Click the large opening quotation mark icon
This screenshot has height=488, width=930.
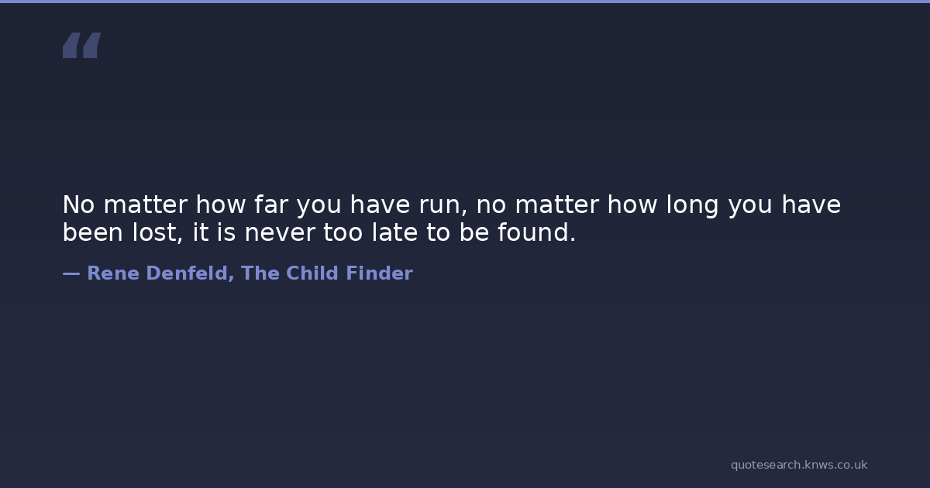click(x=82, y=45)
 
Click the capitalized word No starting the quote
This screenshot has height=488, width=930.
click(x=78, y=204)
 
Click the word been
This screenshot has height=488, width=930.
click(x=92, y=232)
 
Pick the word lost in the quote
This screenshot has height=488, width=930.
click(x=155, y=232)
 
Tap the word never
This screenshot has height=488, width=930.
click(x=280, y=234)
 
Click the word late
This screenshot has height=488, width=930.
click(x=394, y=232)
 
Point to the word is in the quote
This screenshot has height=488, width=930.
click(x=226, y=232)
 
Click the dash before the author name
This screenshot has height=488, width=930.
click(x=71, y=273)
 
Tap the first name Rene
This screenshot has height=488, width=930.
click(x=113, y=273)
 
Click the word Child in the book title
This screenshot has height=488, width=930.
click(x=312, y=273)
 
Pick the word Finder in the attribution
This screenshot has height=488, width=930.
click(x=380, y=273)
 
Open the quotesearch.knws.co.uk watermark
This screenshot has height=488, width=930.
click(x=799, y=466)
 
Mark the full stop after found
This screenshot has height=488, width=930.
click(x=573, y=239)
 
